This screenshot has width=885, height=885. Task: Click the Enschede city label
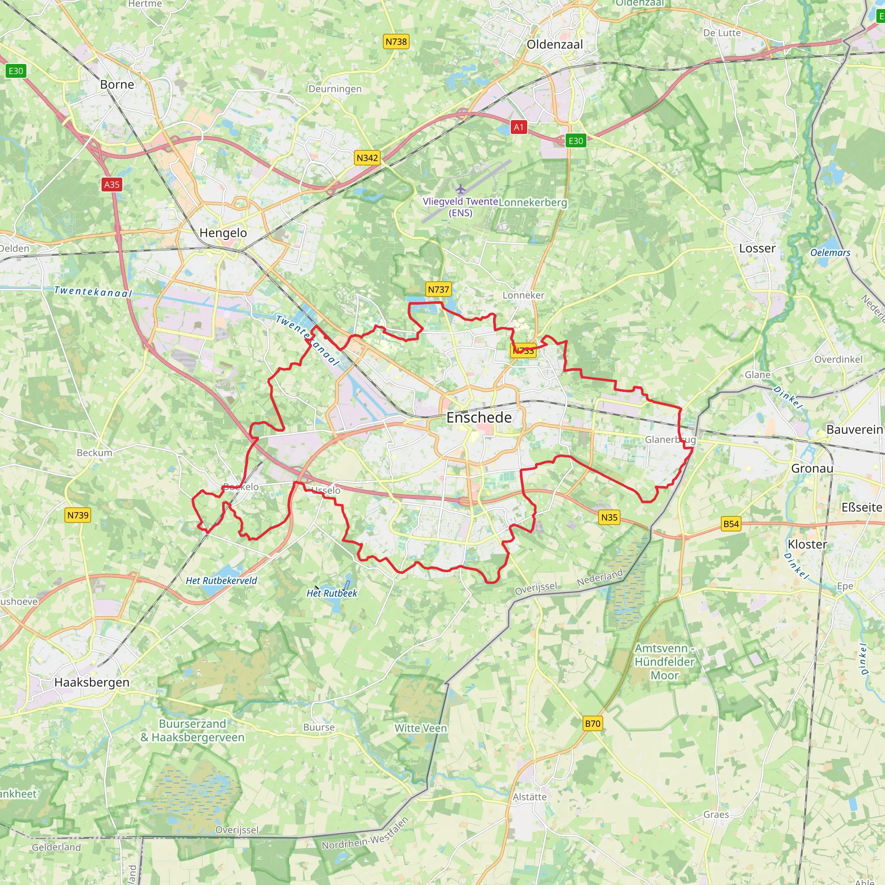[x=479, y=417]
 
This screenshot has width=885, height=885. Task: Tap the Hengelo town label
[x=223, y=233]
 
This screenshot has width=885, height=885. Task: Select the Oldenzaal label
[x=554, y=45]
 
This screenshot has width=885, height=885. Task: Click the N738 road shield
[x=396, y=41]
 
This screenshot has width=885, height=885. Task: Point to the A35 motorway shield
[x=111, y=185]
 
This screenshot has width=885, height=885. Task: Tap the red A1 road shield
[x=518, y=127]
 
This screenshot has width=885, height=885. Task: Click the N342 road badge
[x=367, y=158]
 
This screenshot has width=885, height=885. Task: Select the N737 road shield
[x=438, y=290]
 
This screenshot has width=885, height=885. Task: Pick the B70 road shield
[x=592, y=724]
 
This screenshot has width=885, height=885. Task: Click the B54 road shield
[x=731, y=524]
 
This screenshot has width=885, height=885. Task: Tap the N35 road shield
[x=609, y=518]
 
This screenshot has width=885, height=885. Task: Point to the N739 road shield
[x=78, y=516]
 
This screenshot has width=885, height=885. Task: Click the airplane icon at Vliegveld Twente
[x=460, y=189]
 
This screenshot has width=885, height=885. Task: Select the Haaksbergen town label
[x=92, y=682]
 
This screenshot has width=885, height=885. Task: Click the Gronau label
[x=812, y=468]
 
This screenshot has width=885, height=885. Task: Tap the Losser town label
[x=757, y=248]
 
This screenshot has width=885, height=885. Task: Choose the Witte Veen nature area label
[x=420, y=728]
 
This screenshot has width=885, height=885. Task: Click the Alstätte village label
[x=529, y=797]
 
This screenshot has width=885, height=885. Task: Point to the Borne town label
[x=117, y=85]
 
